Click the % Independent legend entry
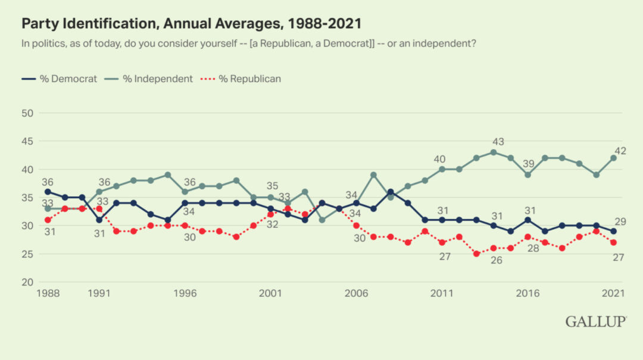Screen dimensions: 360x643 pos(149,79)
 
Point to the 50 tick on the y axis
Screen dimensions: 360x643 pos(27,112)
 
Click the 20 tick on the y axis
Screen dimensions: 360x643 pos(27,282)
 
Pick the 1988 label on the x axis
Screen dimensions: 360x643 pos(48,293)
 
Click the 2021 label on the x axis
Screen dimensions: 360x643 pos(613,293)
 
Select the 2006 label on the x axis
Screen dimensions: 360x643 pos(357,293)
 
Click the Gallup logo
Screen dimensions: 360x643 pos(595,321)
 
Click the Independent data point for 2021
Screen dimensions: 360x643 pos(613,158)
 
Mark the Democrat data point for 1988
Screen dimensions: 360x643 pos(48,192)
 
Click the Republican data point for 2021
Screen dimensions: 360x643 pos(613,242)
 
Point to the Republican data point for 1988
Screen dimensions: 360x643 pos(48,220)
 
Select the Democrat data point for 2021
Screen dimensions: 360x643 pos(613,231)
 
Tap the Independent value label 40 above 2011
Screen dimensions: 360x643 pos(439,159)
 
